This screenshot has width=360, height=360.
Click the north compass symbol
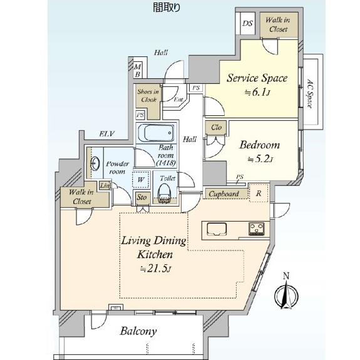tap(286, 292)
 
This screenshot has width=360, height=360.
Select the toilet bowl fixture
tap(165, 192)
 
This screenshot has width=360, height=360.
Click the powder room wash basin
tap(95, 163)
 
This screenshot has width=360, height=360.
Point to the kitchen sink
tap(217, 229)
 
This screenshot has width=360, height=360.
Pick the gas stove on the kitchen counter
tap(256, 229)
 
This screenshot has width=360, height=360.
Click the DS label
tap(247, 23)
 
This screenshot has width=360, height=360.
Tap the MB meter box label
tap(138, 71)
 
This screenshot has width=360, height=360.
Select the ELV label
tap(107, 133)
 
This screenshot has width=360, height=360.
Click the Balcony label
tap(138, 331)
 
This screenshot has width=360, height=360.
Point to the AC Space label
tap(310, 93)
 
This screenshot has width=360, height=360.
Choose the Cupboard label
tap(224, 194)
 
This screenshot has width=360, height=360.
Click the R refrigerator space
tap(259, 193)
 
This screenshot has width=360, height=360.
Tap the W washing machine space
tap(141, 180)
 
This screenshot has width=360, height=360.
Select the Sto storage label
tap(141, 197)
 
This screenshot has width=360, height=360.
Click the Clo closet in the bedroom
tap(216, 127)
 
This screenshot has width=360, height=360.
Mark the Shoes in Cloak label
tap(148, 96)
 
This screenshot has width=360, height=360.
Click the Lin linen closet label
tap(105, 185)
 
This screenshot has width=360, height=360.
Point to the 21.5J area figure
tap(156, 269)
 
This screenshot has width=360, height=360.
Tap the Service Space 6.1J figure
tap(257, 93)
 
